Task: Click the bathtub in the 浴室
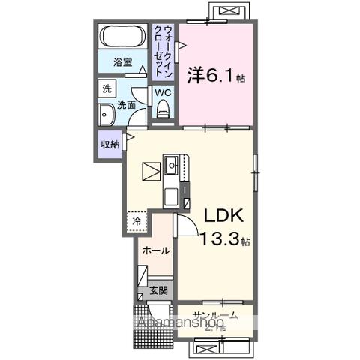click(x=122, y=37)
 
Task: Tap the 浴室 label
click(x=123, y=62)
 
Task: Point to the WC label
click(x=163, y=93)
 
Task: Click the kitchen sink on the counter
click(x=171, y=163)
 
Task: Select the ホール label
click(x=155, y=250)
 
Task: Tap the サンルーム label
click(x=215, y=315)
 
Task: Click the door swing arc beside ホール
click(x=184, y=224)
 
